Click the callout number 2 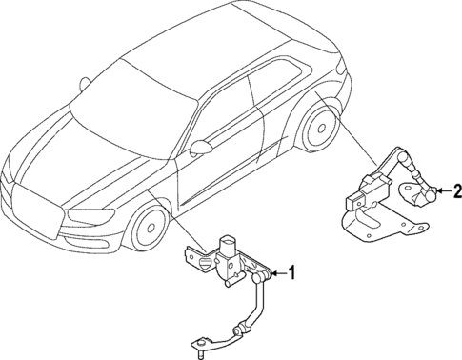click(x=456, y=192)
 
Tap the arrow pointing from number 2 click(x=441, y=192)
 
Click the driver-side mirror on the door click(x=202, y=148)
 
